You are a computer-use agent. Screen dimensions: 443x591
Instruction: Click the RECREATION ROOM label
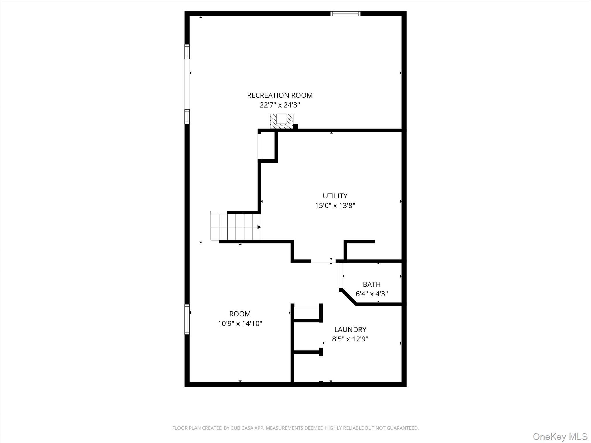[x=280, y=95]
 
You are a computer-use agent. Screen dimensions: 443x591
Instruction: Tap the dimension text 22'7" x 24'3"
[x=280, y=105]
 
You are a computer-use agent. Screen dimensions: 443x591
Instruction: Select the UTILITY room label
[x=335, y=196]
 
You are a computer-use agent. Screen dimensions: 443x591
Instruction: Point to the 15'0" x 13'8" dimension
[x=335, y=206]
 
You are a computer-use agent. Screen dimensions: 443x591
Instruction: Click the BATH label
[x=372, y=284]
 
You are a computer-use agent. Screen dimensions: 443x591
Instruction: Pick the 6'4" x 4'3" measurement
[x=372, y=294]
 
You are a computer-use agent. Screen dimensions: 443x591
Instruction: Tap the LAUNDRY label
[x=350, y=329]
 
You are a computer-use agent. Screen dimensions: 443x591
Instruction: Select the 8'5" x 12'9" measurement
[x=350, y=339]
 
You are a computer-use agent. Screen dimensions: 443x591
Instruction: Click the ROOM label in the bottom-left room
[x=240, y=314]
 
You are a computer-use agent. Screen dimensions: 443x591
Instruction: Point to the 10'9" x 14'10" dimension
[x=240, y=324]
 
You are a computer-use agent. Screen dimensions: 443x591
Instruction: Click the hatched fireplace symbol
[x=282, y=121]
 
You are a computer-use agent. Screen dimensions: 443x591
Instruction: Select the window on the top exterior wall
[x=345, y=14]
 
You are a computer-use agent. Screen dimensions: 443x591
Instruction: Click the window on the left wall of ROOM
[x=187, y=319]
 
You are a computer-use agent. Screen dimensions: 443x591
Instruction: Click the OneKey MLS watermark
[x=560, y=436]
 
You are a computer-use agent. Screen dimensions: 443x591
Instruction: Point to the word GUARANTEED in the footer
[x=402, y=428]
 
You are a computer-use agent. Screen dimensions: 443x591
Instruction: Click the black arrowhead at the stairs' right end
[x=259, y=227]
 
